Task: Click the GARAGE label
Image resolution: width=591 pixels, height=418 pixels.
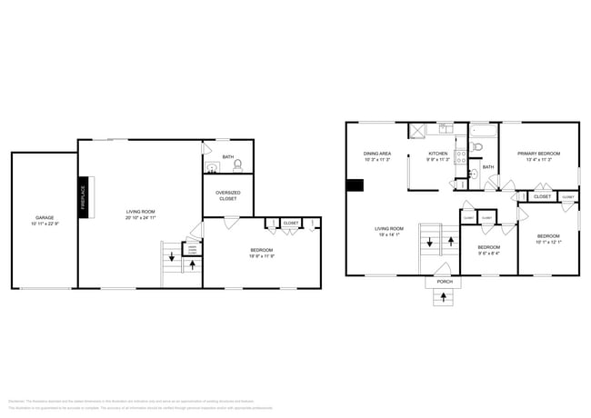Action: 43,218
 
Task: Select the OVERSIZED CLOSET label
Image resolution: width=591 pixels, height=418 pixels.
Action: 227,195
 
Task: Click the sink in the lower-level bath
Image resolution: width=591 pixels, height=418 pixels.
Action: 211,167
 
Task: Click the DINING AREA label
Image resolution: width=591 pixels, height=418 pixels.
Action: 377,154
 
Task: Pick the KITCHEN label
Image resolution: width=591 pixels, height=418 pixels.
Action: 438,154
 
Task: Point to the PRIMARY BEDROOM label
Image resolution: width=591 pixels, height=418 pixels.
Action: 538,154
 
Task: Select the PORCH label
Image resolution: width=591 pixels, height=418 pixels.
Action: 445,282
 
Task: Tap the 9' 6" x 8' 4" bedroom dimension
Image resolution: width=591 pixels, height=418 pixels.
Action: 489,254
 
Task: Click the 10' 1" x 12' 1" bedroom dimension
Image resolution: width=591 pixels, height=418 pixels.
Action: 548,242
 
